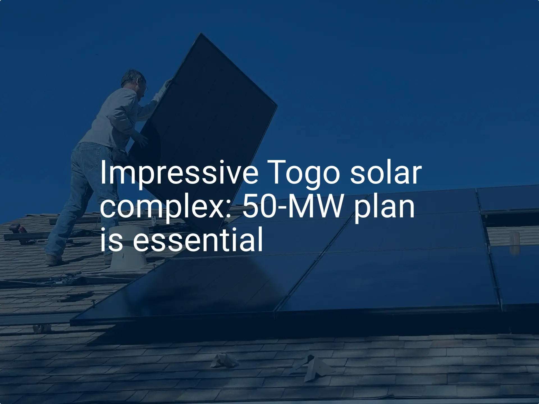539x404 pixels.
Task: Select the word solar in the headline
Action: [386, 173]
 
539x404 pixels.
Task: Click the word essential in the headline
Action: [198, 240]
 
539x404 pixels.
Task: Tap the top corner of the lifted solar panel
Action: [201, 34]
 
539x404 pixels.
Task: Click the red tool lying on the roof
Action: [19, 228]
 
